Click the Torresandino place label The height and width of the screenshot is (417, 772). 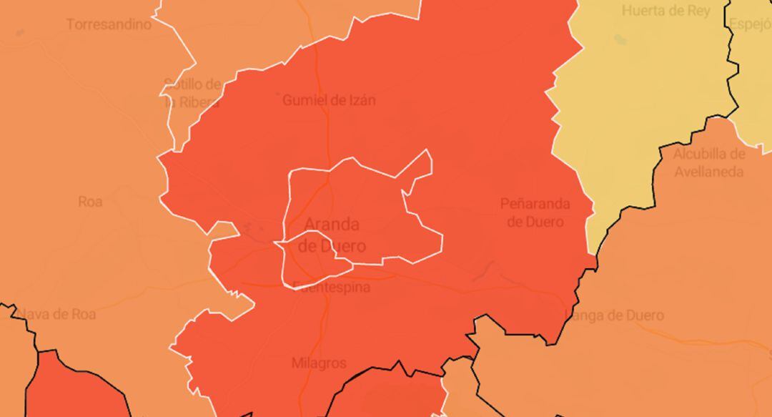[x=109, y=24]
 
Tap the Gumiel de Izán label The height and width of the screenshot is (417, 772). [x=328, y=100]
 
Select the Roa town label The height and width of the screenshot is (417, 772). [x=90, y=202]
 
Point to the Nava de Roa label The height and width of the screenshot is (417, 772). [x=56, y=314]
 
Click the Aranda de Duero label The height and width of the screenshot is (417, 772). [x=332, y=235]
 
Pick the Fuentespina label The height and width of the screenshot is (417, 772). [x=332, y=288]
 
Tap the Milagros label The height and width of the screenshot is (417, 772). [x=319, y=363]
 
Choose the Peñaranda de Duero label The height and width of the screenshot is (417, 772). [x=535, y=212]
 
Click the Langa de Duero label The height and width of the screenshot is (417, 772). [x=614, y=315]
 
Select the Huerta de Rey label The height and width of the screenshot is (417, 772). [x=665, y=11]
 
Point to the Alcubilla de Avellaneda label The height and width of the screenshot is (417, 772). [x=708, y=163]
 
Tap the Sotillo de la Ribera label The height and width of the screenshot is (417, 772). [x=192, y=93]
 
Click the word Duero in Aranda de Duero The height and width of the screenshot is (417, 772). [x=342, y=247]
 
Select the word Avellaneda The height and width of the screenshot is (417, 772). [x=708, y=172]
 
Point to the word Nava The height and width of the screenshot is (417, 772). [x=33, y=314]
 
